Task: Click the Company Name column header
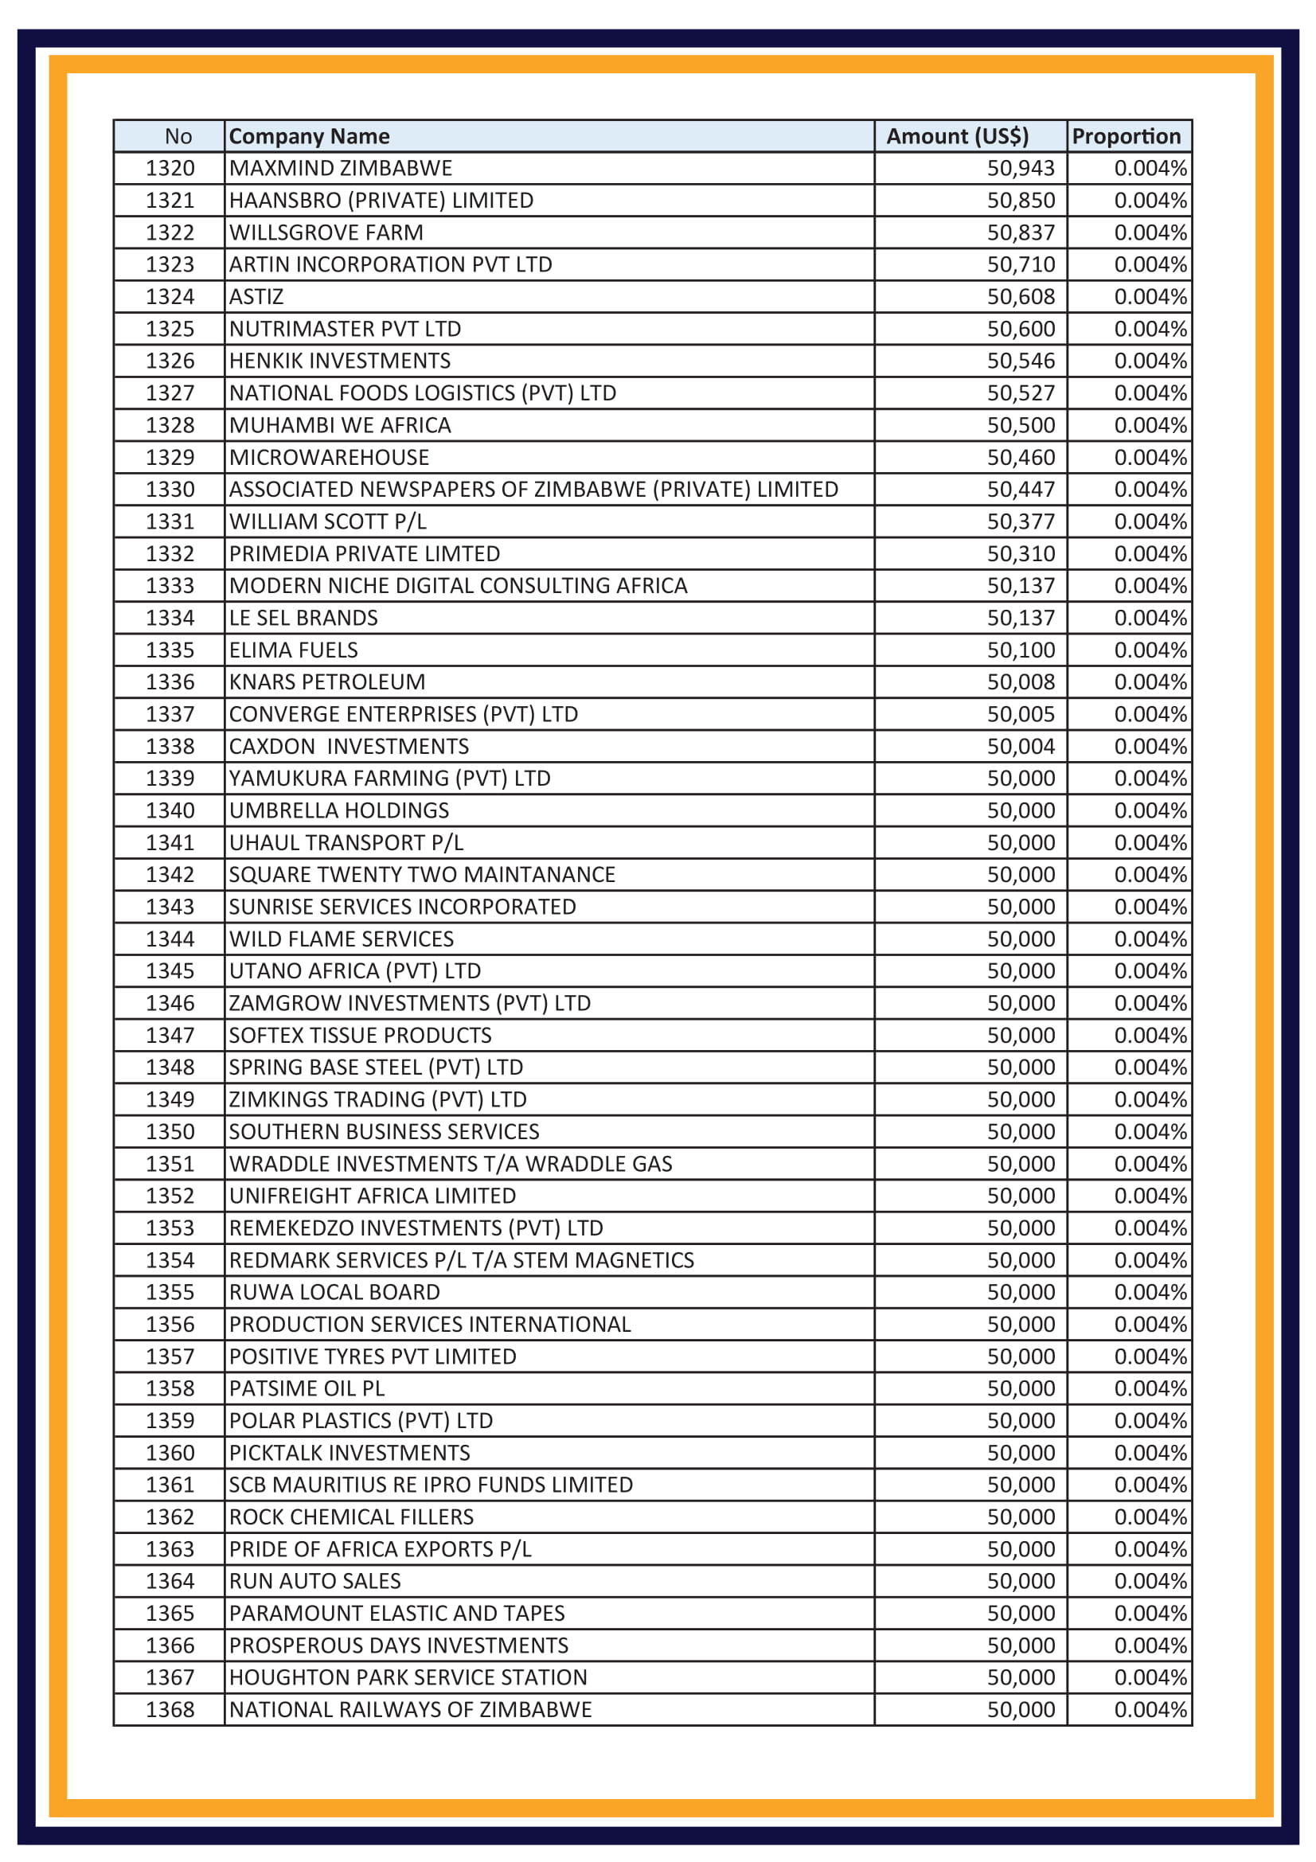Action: (x=309, y=136)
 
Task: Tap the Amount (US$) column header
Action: (x=957, y=136)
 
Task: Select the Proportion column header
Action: (x=1126, y=136)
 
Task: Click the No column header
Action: (x=178, y=136)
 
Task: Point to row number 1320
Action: (x=170, y=169)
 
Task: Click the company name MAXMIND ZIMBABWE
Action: (x=341, y=169)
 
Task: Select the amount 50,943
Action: (x=1020, y=169)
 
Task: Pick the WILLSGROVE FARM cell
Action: (x=326, y=232)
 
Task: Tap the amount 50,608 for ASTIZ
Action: (x=1020, y=297)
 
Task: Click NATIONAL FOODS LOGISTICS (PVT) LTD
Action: (x=423, y=393)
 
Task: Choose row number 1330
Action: (x=170, y=490)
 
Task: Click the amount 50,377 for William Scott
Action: (x=1020, y=521)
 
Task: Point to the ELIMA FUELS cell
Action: (x=294, y=650)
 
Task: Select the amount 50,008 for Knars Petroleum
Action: (x=1020, y=682)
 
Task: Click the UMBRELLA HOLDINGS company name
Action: (x=339, y=811)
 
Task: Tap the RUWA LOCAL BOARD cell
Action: (x=334, y=1293)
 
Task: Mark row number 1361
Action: (x=170, y=1485)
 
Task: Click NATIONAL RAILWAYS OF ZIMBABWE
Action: (x=410, y=1709)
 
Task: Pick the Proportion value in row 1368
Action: (x=1150, y=1709)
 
